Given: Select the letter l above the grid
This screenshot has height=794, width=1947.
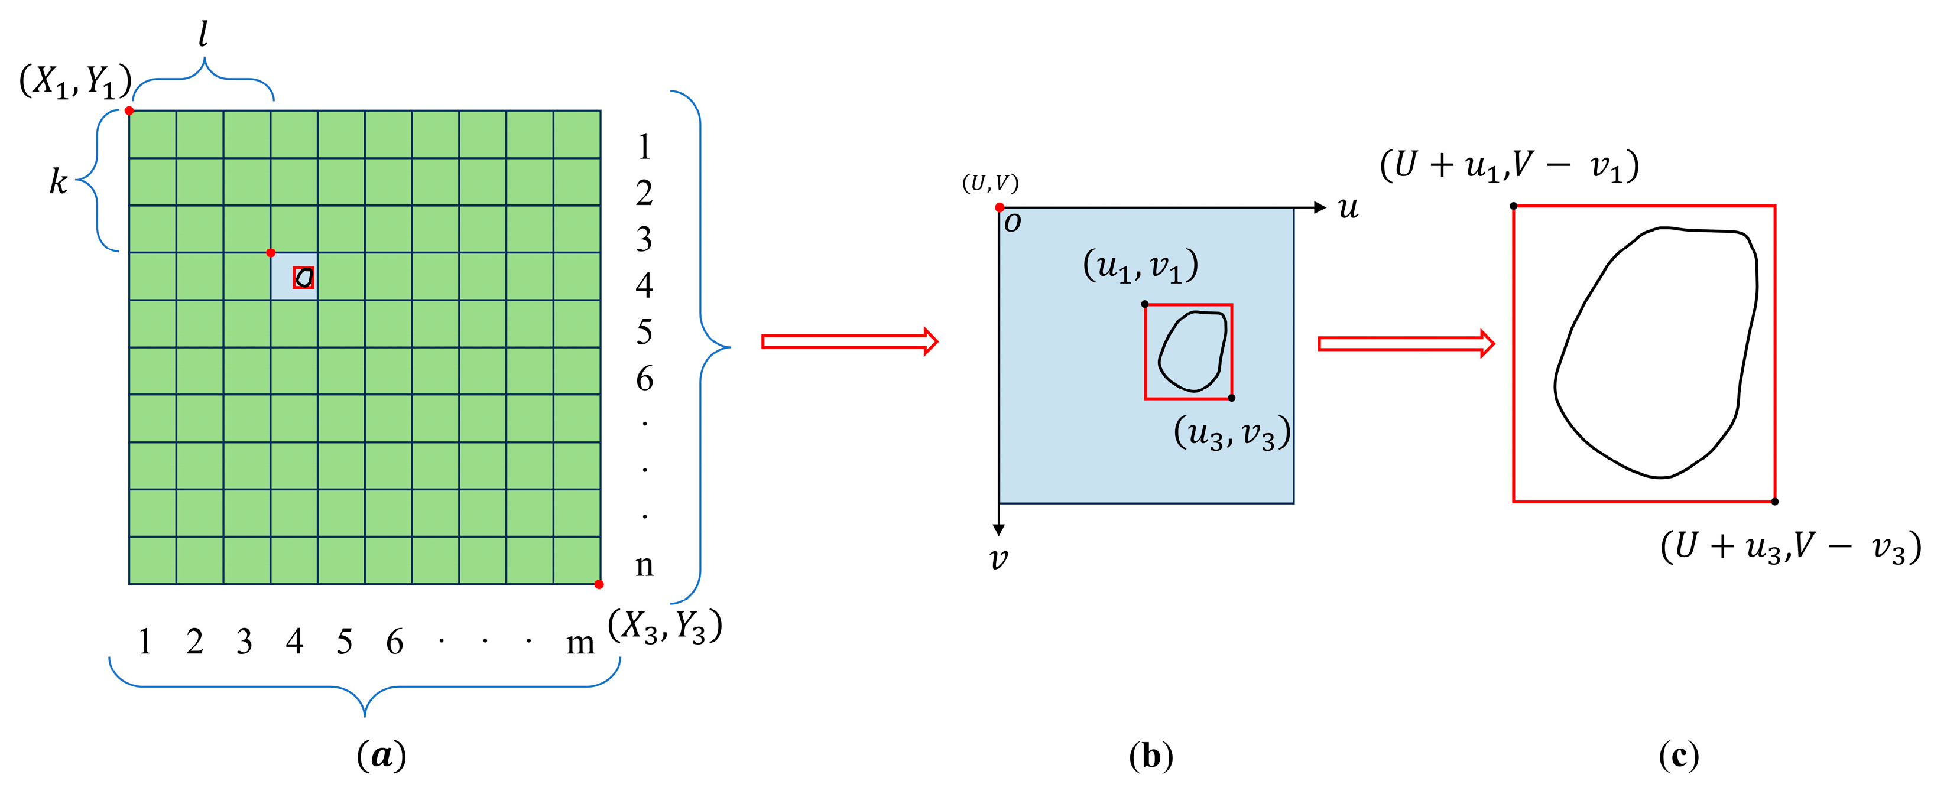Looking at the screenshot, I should [203, 34].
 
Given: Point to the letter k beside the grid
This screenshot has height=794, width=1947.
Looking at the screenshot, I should [58, 182].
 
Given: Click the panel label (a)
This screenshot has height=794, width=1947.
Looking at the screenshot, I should [382, 755].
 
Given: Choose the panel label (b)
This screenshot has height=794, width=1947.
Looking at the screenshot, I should [1150, 755].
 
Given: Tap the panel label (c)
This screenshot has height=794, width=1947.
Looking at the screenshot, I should [1679, 755].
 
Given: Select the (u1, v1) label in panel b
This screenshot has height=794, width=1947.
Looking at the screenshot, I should [1140, 266].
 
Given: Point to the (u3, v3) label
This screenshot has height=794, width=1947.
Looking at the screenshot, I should [1232, 433].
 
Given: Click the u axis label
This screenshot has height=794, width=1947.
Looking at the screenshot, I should [1348, 208].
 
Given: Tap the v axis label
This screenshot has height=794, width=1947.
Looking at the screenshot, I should [998, 558].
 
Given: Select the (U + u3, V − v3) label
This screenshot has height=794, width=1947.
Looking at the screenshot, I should [1790, 546].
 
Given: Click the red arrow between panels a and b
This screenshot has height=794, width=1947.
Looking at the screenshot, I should [849, 341].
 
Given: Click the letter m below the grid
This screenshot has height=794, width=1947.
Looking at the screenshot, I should [580, 643].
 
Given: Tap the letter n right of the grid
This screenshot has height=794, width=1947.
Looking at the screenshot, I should [644, 564].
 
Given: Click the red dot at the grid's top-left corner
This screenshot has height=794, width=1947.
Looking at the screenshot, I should [129, 111].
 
